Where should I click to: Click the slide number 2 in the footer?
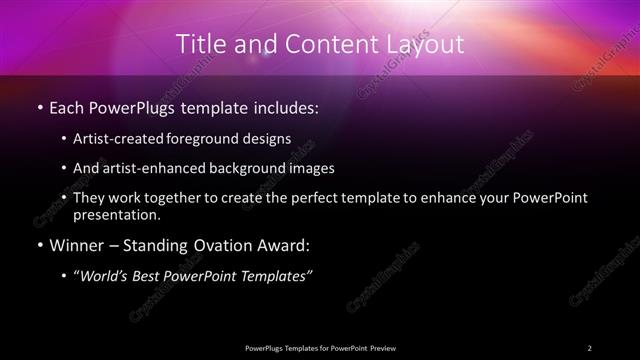[x=590, y=348]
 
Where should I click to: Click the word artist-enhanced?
[x=157, y=169]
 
